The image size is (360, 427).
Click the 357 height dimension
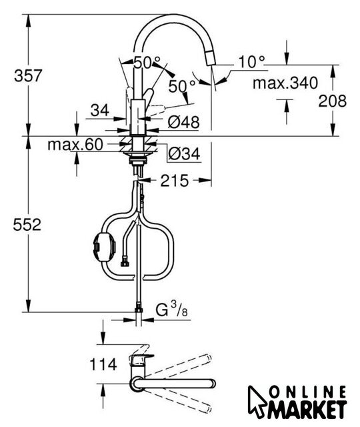click(x=28, y=75)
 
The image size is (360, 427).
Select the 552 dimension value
click(x=27, y=225)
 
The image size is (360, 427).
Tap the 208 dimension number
click(x=332, y=101)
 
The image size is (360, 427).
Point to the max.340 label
click(x=285, y=83)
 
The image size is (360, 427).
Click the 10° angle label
click(x=251, y=62)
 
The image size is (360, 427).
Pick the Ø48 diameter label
click(x=184, y=122)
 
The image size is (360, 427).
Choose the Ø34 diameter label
click(x=184, y=153)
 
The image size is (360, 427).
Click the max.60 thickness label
click(x=75, y=144)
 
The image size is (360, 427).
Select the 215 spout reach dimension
click(x=175, y=181)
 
